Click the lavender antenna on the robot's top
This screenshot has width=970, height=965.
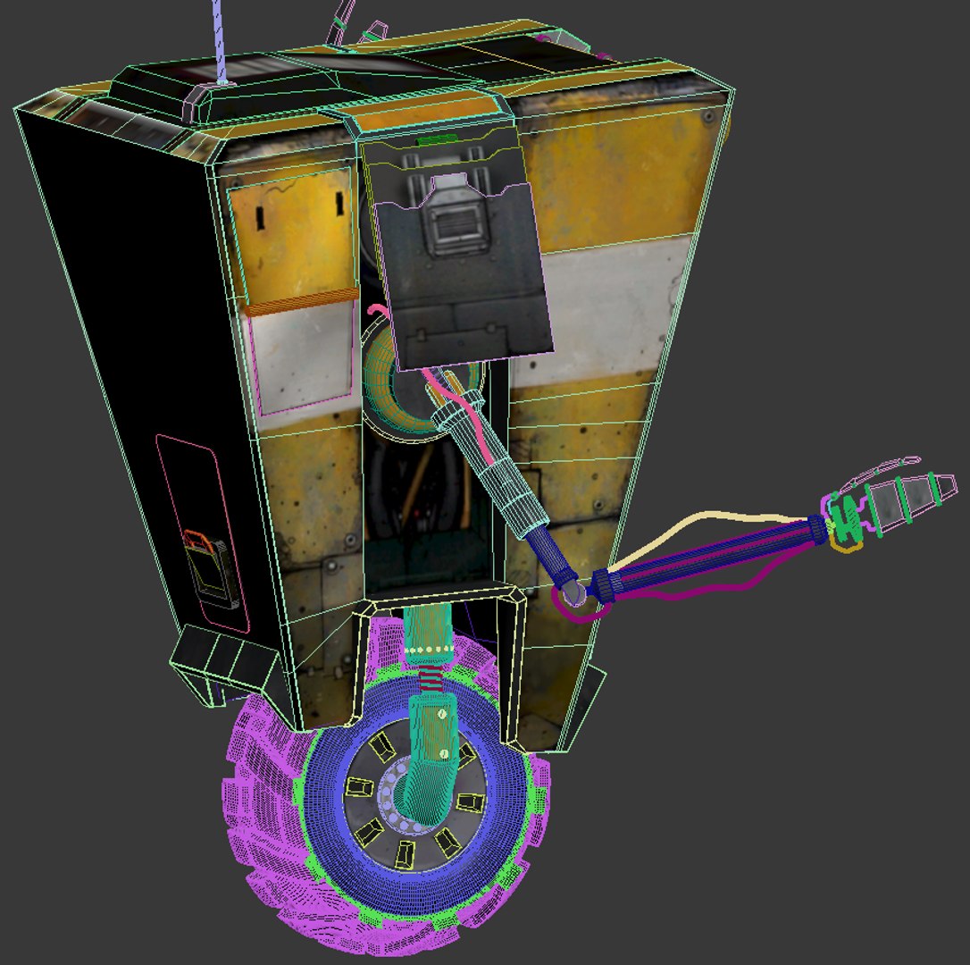(x=219, y=40)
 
